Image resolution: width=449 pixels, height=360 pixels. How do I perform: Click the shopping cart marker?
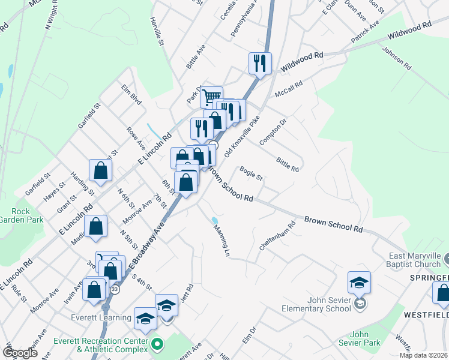pyautogui.click(x=211, y=97)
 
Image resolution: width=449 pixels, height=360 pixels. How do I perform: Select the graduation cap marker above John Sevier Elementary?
pyautogui.click(x=359, y=282)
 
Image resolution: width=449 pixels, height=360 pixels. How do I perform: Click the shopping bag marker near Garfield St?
pyautogui.click(x=101, y=170)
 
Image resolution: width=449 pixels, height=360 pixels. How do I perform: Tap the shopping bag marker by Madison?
pyautogui.click(x=96, y=226)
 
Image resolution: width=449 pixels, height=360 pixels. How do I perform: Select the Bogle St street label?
pyautogui.click(x=252, y=174)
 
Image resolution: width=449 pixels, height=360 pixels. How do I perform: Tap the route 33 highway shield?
pyautogui.click(x=115, y=289)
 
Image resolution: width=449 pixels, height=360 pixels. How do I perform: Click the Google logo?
pyautogui.click(x=20, y=353)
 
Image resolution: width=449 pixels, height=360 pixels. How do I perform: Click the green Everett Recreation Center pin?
pyautogui.click(x=157, y=344)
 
